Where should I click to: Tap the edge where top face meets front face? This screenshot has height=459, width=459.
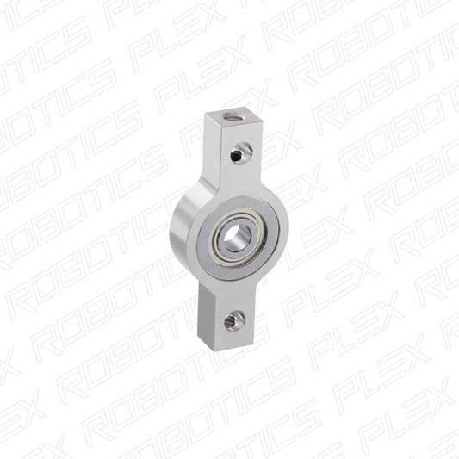coord(235,130)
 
